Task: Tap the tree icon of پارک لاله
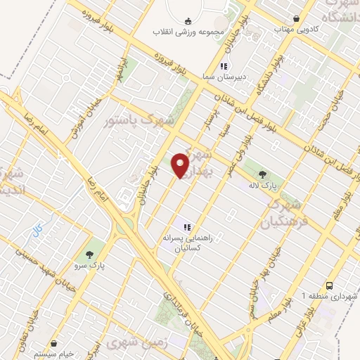click(263, 174)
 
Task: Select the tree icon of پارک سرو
click(89, 256)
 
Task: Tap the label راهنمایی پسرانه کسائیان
click(187, 243)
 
